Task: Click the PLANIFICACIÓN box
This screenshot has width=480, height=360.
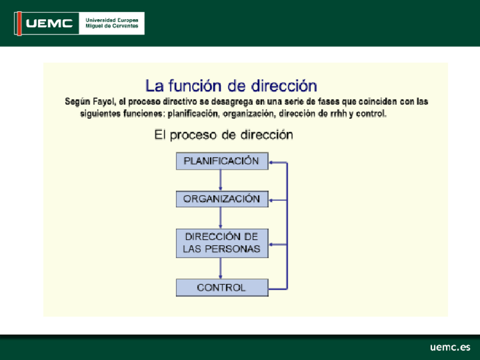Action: pos(222,161)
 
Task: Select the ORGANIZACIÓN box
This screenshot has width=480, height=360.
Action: pos(222,199)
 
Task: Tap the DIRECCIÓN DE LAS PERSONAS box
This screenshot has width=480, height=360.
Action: pos(222,243)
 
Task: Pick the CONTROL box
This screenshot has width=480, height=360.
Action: pos(222,288)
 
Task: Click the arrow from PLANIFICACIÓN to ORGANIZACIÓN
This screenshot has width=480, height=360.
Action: pos(220,181)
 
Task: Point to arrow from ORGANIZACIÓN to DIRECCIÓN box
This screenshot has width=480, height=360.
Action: pos(220,218)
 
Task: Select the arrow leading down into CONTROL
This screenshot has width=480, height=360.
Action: pos(220,268)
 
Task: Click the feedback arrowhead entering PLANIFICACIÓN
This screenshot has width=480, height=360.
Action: pos(271,162)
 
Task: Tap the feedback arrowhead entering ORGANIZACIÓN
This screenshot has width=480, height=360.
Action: pos(271,200)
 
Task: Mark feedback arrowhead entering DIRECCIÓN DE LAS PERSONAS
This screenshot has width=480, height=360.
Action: pos(271,245)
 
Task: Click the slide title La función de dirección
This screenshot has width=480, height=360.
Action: pos(231,85)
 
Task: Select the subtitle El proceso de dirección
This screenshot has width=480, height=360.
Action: pos(224,135)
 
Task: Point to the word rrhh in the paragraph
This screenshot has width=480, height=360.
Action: pos(338,114)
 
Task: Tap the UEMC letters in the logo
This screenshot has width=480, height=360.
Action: pos(49,23)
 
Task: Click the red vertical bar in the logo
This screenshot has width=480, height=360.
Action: pos(19,24)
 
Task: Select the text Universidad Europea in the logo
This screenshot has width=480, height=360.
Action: pos(112,20)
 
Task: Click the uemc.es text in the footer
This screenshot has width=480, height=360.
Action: pos(450,347)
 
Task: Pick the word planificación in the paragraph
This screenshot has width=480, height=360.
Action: pos(193,114)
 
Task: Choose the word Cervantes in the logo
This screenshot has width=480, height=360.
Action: pos(126,26)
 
